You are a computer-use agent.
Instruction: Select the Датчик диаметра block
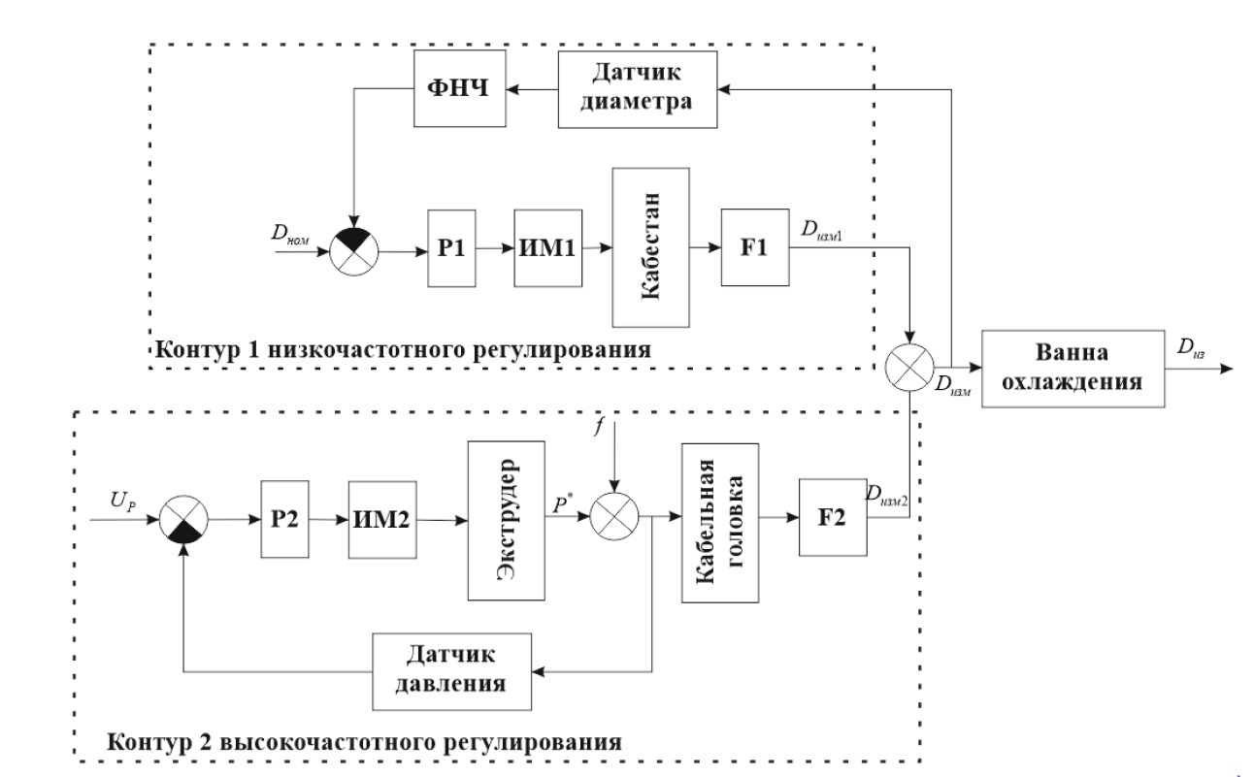tap(638, 88)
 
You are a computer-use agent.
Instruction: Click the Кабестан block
tap(650, 248)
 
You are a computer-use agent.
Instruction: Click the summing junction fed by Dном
tap(355, 248)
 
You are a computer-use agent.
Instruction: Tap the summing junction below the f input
tap(611, 521)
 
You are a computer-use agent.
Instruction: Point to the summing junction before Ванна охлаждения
tap(909, 369)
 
